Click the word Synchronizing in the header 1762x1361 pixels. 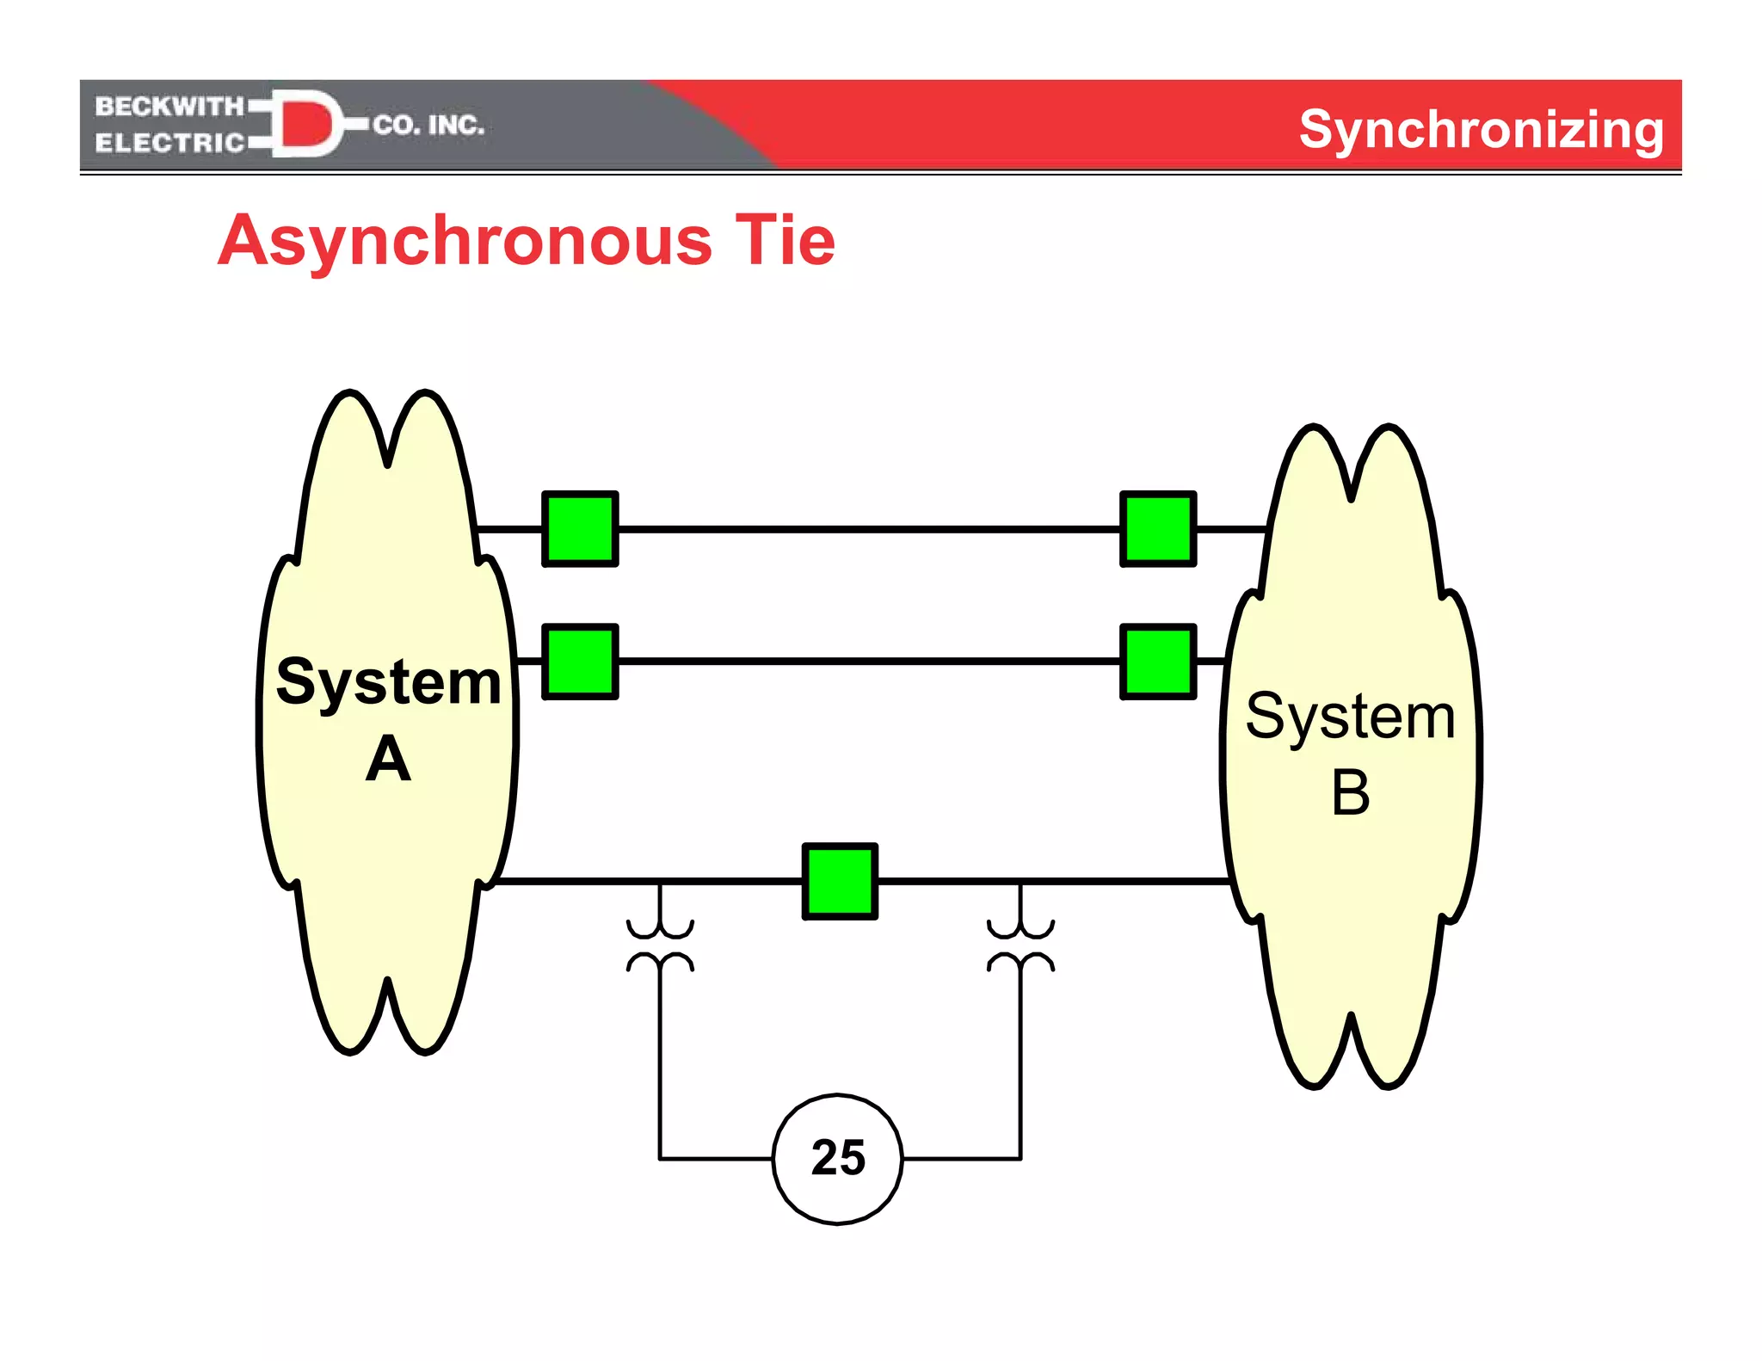click(1481, 131)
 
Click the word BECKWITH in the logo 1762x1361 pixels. click(169, 107)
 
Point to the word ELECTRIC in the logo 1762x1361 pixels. click(169, 143)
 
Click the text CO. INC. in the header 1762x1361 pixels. click(428, 126)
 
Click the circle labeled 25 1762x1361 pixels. click(837, 1158)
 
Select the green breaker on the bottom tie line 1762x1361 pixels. click(840, 881)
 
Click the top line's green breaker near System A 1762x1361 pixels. click(580, 528)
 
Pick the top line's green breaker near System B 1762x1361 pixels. click(1158, 528)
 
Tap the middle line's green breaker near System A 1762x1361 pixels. click(580, 661)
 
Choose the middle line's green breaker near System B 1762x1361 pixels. click(1158, 661)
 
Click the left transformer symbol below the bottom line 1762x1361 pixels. click(660, 945)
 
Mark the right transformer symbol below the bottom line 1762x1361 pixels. click(1020, 945)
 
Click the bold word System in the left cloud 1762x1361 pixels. click(388, 681)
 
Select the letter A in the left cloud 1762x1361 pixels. click(388, 759)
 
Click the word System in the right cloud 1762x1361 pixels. click(1350, 716)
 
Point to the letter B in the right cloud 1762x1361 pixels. click(1350, 792)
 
